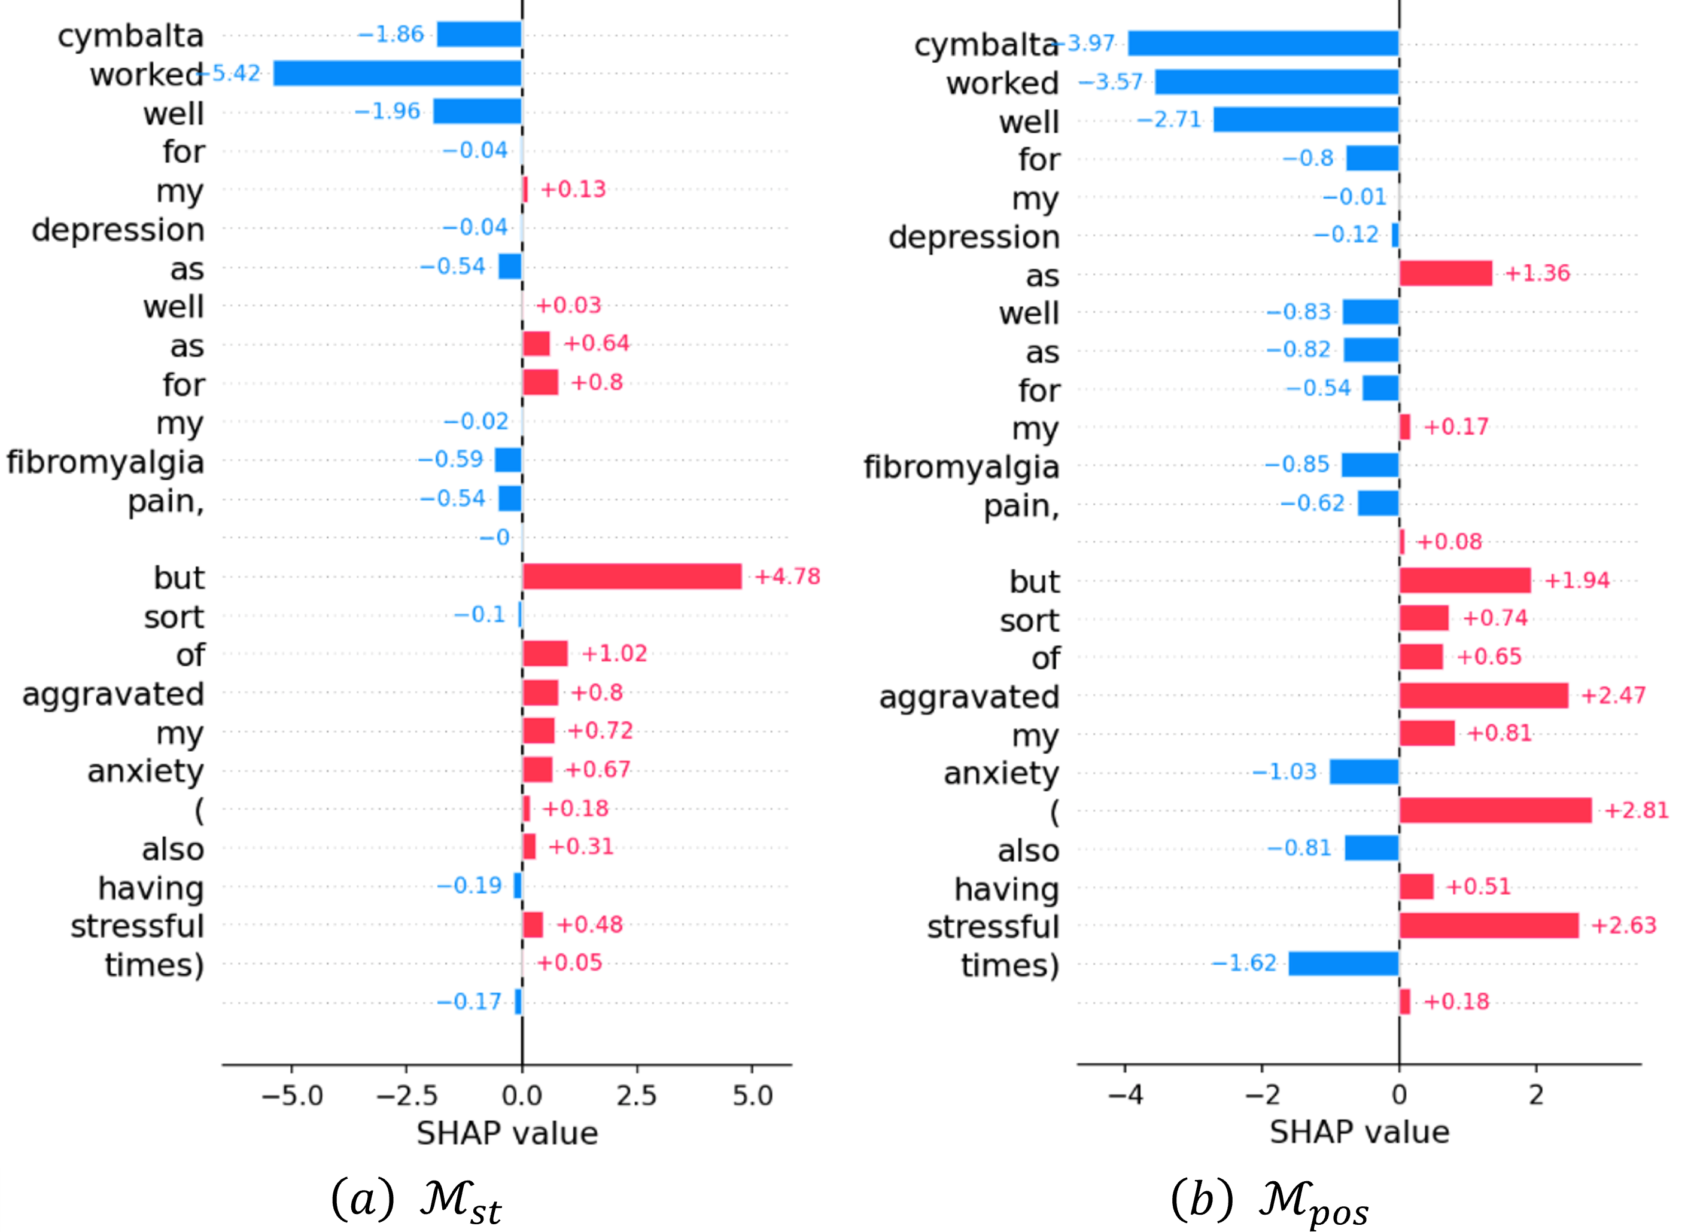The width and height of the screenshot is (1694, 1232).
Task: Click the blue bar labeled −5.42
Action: [x=397, y=73]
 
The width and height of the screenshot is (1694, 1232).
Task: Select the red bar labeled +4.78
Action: [x=632, y=577]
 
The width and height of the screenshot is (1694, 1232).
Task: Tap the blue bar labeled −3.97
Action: [x=1263, y=43]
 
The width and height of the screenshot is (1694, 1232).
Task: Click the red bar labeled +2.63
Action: [x=1489, y=925]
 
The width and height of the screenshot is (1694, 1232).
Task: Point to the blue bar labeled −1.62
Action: [x=1344, y=963]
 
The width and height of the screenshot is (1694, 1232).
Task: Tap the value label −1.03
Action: [x=1285, y=771]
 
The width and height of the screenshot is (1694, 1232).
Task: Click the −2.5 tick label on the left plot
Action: [x=406, y=1096]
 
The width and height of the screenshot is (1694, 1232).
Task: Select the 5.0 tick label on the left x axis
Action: [x=752, y=1096]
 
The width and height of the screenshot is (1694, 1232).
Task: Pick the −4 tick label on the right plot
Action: [x=1126, y=1096]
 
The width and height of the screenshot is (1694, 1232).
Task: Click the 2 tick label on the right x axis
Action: [x=1535, y=1096]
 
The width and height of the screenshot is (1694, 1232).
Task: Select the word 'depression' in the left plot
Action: [x=118, y=230]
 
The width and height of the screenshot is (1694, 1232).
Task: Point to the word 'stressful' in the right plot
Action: [x=993, y=926]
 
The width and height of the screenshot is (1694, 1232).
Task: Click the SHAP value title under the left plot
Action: [x=507, y=1133]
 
